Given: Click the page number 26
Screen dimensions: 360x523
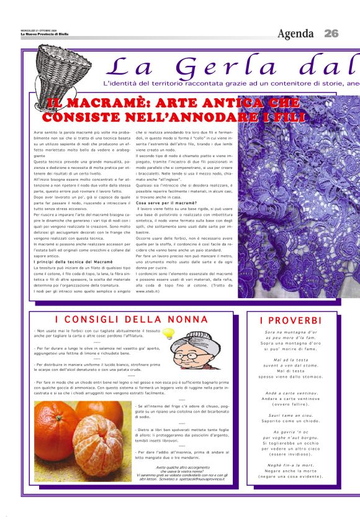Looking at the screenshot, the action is (x=331, y=33).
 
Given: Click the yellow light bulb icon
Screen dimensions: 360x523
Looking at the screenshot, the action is (x=168, y=334).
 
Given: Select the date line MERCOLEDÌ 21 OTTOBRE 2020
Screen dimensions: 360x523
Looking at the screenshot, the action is (x=38, y=29).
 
